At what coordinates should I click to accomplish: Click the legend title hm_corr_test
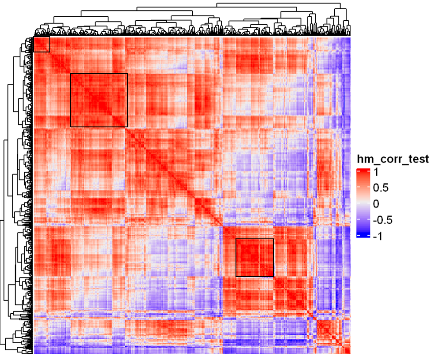(x=392, y=160)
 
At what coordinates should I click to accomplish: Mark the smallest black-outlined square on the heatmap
(x=42, y=44)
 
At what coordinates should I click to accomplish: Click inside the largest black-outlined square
(x=99, y=100)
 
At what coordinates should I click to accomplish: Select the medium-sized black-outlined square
(x=255, y=258)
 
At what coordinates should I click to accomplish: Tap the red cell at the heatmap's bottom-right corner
(x=348, y=351)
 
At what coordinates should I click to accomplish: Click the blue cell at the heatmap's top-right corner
(x=348, y=39)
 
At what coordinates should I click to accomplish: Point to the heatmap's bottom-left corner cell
(x=35, y=352)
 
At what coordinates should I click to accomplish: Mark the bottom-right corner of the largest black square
(x=127, y=127)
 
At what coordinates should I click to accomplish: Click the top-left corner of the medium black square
(x=236, y=239)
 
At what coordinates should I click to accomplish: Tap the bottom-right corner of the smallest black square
(x=50, y=52)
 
